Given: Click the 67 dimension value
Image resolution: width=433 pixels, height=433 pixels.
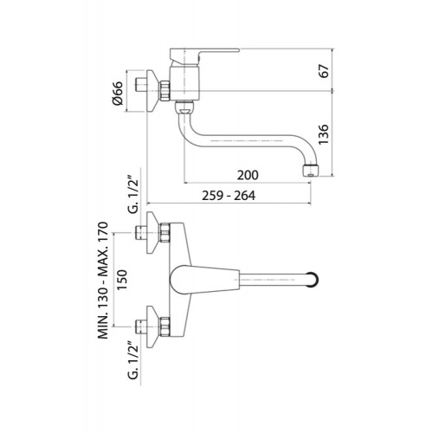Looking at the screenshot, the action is [x=325, y=71].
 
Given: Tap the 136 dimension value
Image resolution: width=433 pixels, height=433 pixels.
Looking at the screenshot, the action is [x=324, y=134].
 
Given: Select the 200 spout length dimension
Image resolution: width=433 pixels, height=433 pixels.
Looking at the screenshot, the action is [x=248, y=175].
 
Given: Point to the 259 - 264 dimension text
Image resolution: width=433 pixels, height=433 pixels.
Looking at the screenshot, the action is [x=229, y=196].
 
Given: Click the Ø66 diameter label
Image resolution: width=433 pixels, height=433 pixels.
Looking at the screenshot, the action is [x=118, y=93].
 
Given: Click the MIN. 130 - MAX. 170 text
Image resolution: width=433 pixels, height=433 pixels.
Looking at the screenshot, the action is [x=103, y=280].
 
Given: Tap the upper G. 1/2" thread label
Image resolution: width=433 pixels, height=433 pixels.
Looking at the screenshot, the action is [x=133, y=197].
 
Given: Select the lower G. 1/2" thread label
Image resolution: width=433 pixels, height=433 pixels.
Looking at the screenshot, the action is [x=133, y=360].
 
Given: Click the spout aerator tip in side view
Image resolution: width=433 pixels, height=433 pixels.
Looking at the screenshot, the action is [x=310, y=171].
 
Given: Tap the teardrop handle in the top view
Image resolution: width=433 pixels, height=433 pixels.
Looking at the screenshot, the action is [x=205, y=280].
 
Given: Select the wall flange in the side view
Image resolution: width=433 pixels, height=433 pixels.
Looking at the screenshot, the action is [x=152, y=91].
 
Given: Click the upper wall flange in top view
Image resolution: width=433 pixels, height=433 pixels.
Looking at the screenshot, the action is [x=152, y=233].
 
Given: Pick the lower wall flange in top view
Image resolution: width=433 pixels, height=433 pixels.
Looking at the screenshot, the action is [x=152, y=326].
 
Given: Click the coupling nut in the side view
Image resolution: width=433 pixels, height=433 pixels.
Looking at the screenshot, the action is [x=165, y=91].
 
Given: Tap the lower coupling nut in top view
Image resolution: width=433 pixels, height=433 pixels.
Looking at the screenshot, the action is [x=165, y=326].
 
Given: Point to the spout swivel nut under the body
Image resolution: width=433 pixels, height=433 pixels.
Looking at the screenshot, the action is [x=184, y=107].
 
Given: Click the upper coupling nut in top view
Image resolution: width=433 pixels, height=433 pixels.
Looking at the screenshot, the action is [x=165, y=233].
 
